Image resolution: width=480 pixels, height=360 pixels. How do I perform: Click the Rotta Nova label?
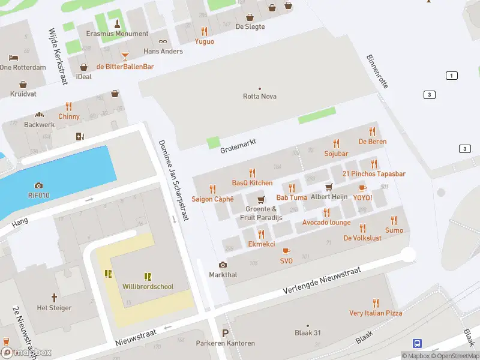click(260, 96)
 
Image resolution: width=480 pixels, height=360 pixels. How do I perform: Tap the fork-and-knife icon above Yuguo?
click(204, 31)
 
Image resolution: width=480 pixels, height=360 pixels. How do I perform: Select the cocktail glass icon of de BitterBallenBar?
click(125, 56)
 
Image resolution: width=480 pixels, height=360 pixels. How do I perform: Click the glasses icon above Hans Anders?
click(163, 41)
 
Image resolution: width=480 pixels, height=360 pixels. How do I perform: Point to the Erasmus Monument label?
click(117, 34)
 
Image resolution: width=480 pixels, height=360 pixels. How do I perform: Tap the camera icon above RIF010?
click(39, 185)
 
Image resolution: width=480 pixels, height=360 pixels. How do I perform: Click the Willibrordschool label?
click(148, 286)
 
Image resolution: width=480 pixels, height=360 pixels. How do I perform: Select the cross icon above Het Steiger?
click(54, 297)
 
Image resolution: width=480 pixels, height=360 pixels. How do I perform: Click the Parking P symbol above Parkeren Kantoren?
click(225, 333)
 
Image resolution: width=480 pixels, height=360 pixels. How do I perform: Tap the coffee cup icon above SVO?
click(286, 251)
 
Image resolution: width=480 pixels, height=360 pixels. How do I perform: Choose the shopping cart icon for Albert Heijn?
click(329, 187)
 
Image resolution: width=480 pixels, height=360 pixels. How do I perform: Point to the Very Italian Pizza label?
click(376, 313)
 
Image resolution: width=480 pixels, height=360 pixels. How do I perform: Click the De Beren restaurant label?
click(372, 142)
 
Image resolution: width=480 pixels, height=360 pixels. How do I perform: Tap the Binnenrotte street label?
click(377, 71)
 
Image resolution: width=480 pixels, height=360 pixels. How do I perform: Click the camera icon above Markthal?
click(223, 265)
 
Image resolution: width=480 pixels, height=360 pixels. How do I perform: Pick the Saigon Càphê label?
click(212, 199)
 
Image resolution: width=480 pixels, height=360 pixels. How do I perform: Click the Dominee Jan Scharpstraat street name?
click(173, 180)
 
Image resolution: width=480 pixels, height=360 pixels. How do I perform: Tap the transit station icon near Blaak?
click(416, 343)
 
